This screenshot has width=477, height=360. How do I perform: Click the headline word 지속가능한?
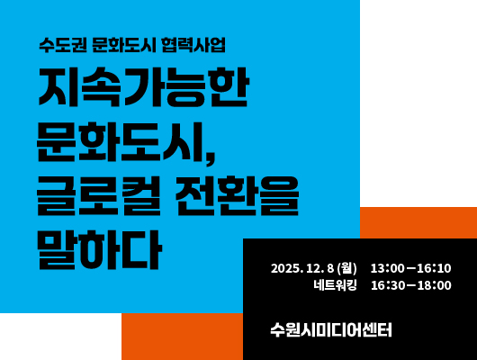tap(142, 89)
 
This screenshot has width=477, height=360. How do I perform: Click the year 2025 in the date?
tap(286, 268)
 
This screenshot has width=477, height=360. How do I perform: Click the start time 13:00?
tap(388, 268)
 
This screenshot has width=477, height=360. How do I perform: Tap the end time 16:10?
tap(434, 268)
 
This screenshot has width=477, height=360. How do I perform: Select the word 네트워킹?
tap(335, 286)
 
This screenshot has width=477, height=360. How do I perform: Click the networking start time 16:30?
tap(388, 286)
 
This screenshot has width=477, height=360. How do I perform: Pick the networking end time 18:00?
tap(434, 286)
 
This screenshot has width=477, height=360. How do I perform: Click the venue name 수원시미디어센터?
tap(331, 329)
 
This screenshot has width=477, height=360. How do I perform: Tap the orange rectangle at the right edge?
tap(418, 222)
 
